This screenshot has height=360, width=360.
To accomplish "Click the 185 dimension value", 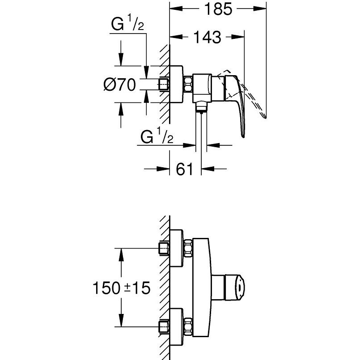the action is pyautogui.click(x=218, y=9).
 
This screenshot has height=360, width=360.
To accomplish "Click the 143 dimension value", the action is pyautogui.click(x=208, y=37).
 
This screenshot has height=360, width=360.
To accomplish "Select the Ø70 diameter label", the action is pyautogui.click(x=119, y=85).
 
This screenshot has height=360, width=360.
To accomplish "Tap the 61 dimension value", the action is pyautogui.click(x=185, y=169).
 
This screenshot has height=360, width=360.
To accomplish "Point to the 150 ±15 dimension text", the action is pyautogui.click(x=122, y=288).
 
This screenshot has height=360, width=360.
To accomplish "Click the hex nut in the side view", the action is pyautogui.click(x=188, y=85).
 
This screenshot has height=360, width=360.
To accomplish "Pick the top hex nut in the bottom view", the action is pyautogui.click(x=188, y=248).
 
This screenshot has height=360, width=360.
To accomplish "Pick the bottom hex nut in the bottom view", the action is pyautogui.click(x=188, y=326).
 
